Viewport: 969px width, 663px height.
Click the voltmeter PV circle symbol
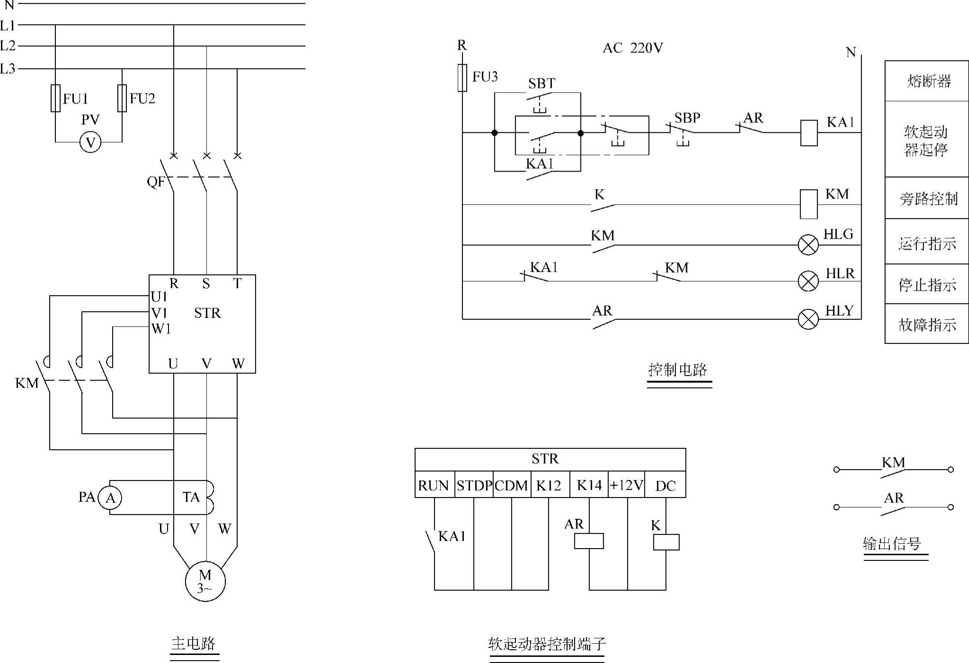tap(90, 142)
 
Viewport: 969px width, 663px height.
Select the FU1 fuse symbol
tap(55, 98)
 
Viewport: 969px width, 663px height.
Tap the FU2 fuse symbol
tap(122, 98)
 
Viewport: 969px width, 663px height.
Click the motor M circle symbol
tap(205, 581)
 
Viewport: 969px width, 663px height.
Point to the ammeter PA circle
tap(110, 497)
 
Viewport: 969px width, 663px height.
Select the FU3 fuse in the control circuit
tap(462, 78)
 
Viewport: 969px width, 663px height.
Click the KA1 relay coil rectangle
tap(809, 133)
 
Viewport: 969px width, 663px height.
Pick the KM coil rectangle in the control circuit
tap(809, 204)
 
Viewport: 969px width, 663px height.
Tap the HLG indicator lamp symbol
tap(808, 245)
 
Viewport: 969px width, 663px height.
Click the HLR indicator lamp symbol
tap(808, 281)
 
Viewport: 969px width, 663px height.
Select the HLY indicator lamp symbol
tap(808, 319)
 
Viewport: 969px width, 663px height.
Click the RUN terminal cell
tap(434, 485)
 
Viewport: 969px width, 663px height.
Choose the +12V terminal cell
tap(626, 485)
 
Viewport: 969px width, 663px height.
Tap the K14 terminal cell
tap(589, 485)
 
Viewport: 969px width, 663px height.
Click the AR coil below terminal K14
tap(589, 541)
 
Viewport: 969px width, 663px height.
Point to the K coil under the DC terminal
tap(666, 542)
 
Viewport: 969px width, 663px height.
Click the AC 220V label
tap(632, 48)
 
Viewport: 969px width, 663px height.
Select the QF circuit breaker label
tap(156, 182)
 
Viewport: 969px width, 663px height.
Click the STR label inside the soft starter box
tap(207, 313)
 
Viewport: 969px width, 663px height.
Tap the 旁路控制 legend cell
tap(926, 199)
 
